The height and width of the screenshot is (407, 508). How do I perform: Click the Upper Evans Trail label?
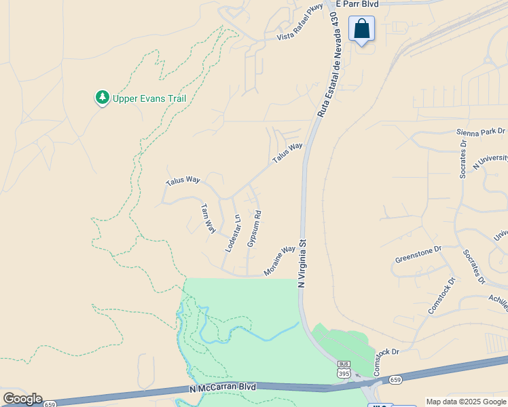149,98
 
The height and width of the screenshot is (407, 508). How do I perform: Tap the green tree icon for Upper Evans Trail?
103,98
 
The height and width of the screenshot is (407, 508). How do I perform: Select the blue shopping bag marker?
361,29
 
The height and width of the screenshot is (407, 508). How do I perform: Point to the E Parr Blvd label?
357,3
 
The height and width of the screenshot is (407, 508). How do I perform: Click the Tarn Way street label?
208,218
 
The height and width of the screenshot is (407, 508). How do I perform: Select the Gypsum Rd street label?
254,228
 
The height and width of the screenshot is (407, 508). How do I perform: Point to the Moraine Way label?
280,260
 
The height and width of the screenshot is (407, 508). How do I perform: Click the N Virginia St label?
303,262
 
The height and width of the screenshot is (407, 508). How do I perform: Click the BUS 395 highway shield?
344,370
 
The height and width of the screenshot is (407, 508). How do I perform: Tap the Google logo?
22,399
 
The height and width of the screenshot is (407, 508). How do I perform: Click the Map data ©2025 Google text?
466,402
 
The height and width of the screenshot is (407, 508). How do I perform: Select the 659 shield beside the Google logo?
49,404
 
